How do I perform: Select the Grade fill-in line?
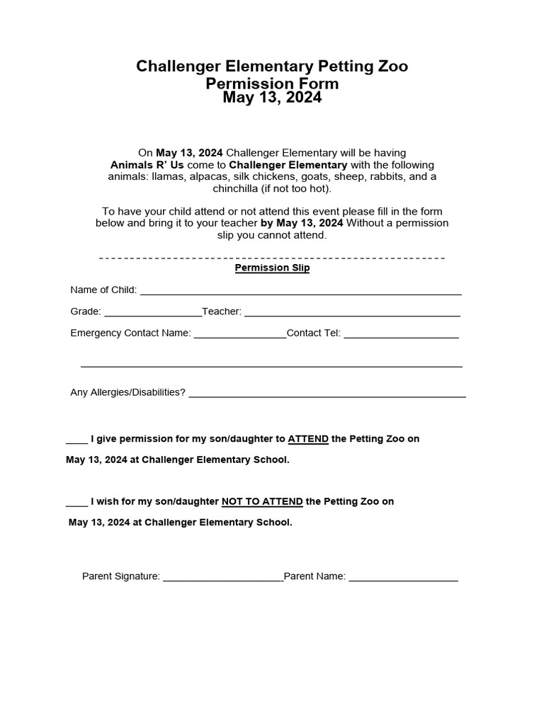152,313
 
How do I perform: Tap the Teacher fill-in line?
352,313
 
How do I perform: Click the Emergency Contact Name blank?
239,335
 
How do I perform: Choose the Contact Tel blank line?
401,335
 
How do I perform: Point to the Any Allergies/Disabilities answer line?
327,394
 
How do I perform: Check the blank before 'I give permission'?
76,440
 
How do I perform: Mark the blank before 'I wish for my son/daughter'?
76,503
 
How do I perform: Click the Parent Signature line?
223,578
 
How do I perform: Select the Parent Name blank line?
403,578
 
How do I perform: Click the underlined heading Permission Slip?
272,268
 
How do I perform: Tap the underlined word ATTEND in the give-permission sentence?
308,439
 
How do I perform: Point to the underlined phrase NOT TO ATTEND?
262,502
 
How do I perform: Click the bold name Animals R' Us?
147,164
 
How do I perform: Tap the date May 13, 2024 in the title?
272,98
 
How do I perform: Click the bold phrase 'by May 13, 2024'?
302,223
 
